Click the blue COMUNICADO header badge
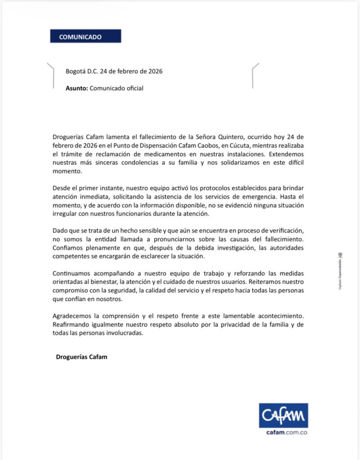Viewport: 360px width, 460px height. click(x=85, y=36)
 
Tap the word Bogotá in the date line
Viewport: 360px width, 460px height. click(x=75, y=71)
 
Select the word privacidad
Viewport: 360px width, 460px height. click(x=238, y=325)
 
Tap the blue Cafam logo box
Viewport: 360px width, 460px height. click(x=283, y=415)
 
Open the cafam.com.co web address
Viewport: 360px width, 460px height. click(x=283, y=433)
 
